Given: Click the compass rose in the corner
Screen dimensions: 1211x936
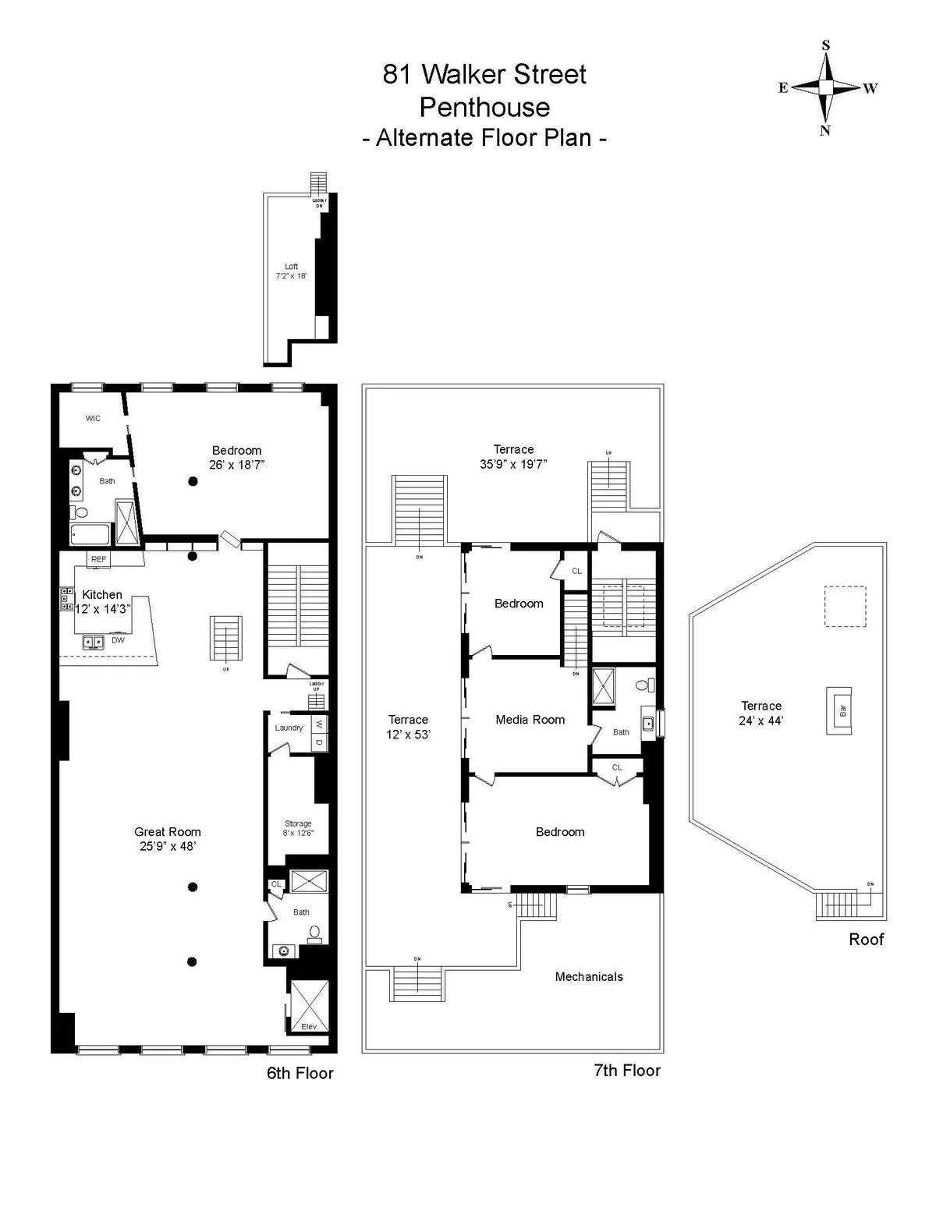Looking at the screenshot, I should pos(825,87).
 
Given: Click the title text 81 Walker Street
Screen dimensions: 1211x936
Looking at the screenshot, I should pos(484,75).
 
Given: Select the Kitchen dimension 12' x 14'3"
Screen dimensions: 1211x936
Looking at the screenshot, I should pos(101,609).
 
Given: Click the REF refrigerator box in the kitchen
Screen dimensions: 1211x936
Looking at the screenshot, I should pos(98,559).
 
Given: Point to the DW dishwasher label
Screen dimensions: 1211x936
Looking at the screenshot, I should pos(118,640).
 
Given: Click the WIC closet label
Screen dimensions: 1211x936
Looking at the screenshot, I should pos(93,419).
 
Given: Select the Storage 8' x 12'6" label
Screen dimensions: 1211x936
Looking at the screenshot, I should pos(298,828).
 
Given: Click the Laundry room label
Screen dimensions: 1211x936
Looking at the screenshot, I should pos(289,728).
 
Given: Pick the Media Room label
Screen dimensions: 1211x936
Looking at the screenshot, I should pos(530,720).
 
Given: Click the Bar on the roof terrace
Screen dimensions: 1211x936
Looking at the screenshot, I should pos(840,710).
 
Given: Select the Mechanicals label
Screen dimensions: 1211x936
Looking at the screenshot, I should pos(589,976).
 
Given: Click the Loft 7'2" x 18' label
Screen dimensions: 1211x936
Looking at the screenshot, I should pos(291,271).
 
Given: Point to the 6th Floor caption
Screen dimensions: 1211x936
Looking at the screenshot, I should pos(300,1073).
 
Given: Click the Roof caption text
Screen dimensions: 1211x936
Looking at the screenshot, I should pos(866,940).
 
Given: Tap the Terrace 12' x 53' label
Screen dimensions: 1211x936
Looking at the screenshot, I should pos(409,727).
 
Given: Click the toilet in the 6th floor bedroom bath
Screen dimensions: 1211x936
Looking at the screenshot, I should pos(81,512).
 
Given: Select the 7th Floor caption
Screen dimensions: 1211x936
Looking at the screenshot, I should pos(627,1071).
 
